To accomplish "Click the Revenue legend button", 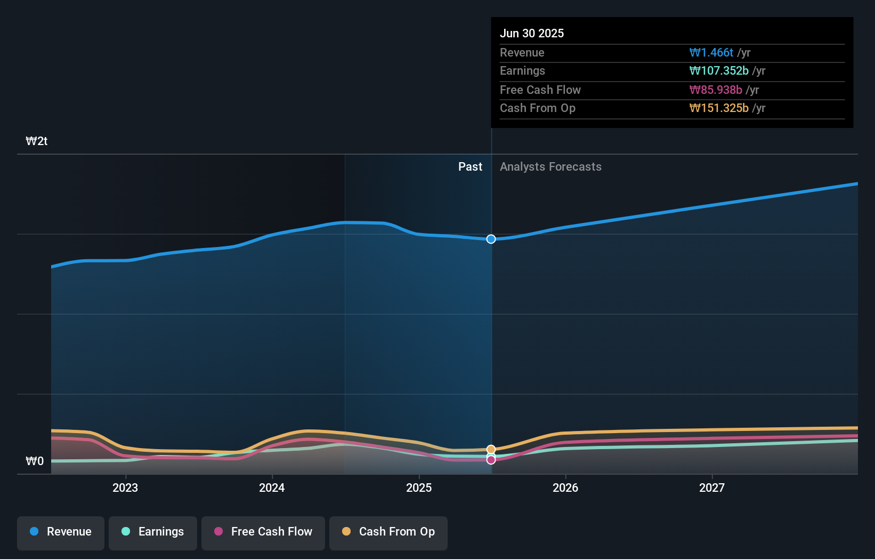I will click(61, 532).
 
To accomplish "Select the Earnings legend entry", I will click(153, 532).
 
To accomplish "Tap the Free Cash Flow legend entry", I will click(263, 532).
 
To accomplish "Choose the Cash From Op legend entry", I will click(388, 532).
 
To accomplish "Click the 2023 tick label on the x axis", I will click(125, 488).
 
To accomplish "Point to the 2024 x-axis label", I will click(272, 488).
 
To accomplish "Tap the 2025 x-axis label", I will click(419, 488).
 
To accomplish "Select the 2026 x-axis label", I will click(565, 488).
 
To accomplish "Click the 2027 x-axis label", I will click(712, 488).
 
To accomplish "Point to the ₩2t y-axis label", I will click(37, 141).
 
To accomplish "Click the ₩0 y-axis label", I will click(35, 461).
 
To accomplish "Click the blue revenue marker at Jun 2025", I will click(491, 239).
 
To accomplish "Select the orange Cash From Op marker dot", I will click(491, 450).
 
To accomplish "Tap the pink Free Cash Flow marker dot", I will click(491, 460).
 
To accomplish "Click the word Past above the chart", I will click(470, 167).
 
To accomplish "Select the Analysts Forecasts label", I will click(550, 167).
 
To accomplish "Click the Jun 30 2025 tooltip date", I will click(532, 34).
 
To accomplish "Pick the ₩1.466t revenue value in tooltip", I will click(711, 53).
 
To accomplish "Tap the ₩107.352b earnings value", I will click(719, 71).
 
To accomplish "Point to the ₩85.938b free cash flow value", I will click(716, 90).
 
